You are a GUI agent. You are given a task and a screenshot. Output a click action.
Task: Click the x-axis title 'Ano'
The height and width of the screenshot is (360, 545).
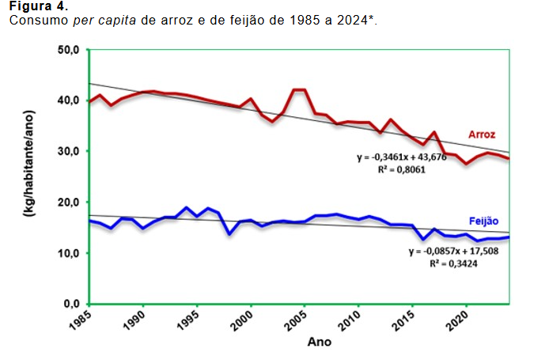pyautogui.click(x=319, y=343)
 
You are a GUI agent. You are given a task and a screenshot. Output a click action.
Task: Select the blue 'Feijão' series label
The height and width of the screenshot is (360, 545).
pyautogui.click(x=482, y=222)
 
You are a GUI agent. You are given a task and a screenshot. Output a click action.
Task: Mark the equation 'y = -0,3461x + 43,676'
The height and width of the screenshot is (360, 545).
pyautogui.click(x=400, y=157)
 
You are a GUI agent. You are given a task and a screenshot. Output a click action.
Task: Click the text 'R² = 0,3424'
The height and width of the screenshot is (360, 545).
pyautogui.click(x=452, y=263)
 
